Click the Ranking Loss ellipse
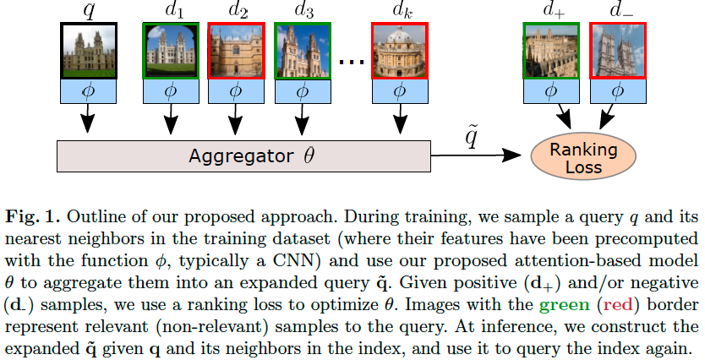pos(583,158)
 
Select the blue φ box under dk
pos(398,91)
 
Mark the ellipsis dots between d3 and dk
pos(349,61)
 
